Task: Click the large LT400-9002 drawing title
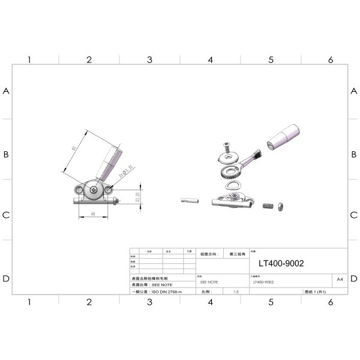(280, 263)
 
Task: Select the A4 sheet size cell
(340, 279)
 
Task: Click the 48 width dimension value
(93, 213)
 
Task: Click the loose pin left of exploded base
(187, 200)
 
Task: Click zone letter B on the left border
(7, 154)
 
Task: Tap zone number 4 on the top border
(210, 60)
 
